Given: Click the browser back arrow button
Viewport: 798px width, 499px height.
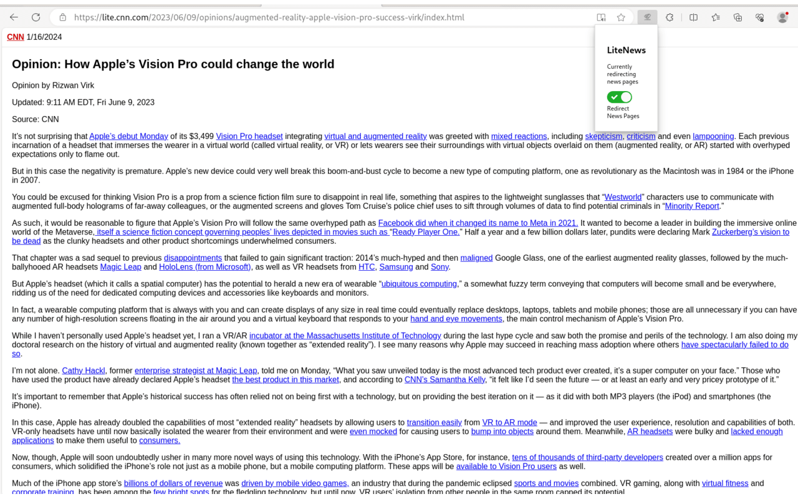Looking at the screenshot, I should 14,17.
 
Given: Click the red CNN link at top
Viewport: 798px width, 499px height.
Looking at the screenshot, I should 16,37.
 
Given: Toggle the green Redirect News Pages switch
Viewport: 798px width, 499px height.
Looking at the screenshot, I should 619,97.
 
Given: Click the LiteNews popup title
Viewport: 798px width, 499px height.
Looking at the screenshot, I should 626,50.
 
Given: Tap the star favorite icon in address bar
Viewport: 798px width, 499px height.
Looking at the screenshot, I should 621,17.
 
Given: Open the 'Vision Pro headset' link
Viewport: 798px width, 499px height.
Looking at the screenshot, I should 249,137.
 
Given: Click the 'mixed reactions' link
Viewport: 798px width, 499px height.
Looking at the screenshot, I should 519,137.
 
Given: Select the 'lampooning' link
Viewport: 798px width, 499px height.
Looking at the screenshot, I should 713,137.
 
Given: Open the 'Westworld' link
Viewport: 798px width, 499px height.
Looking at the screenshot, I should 623,197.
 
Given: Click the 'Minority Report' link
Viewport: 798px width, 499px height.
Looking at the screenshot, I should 692,206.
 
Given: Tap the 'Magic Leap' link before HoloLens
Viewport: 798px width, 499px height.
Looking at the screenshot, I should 120,267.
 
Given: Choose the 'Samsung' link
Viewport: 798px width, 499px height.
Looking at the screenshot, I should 396,267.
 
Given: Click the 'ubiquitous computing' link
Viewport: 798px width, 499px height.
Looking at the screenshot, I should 419,284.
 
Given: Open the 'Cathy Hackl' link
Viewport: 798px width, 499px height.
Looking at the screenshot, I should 84,371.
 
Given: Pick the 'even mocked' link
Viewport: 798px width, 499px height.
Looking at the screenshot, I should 373,432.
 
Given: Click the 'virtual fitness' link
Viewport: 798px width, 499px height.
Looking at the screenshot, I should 724,483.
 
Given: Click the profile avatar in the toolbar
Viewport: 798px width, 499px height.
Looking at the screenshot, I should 782,17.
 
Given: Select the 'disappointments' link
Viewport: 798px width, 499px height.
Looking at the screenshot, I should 193,258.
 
